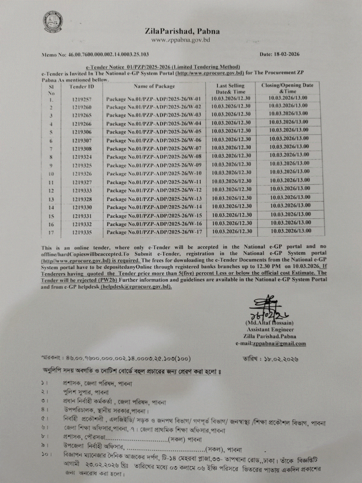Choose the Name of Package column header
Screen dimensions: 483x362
(x=154, y=86)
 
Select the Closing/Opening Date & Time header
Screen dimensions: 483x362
(x=288, y=88)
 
